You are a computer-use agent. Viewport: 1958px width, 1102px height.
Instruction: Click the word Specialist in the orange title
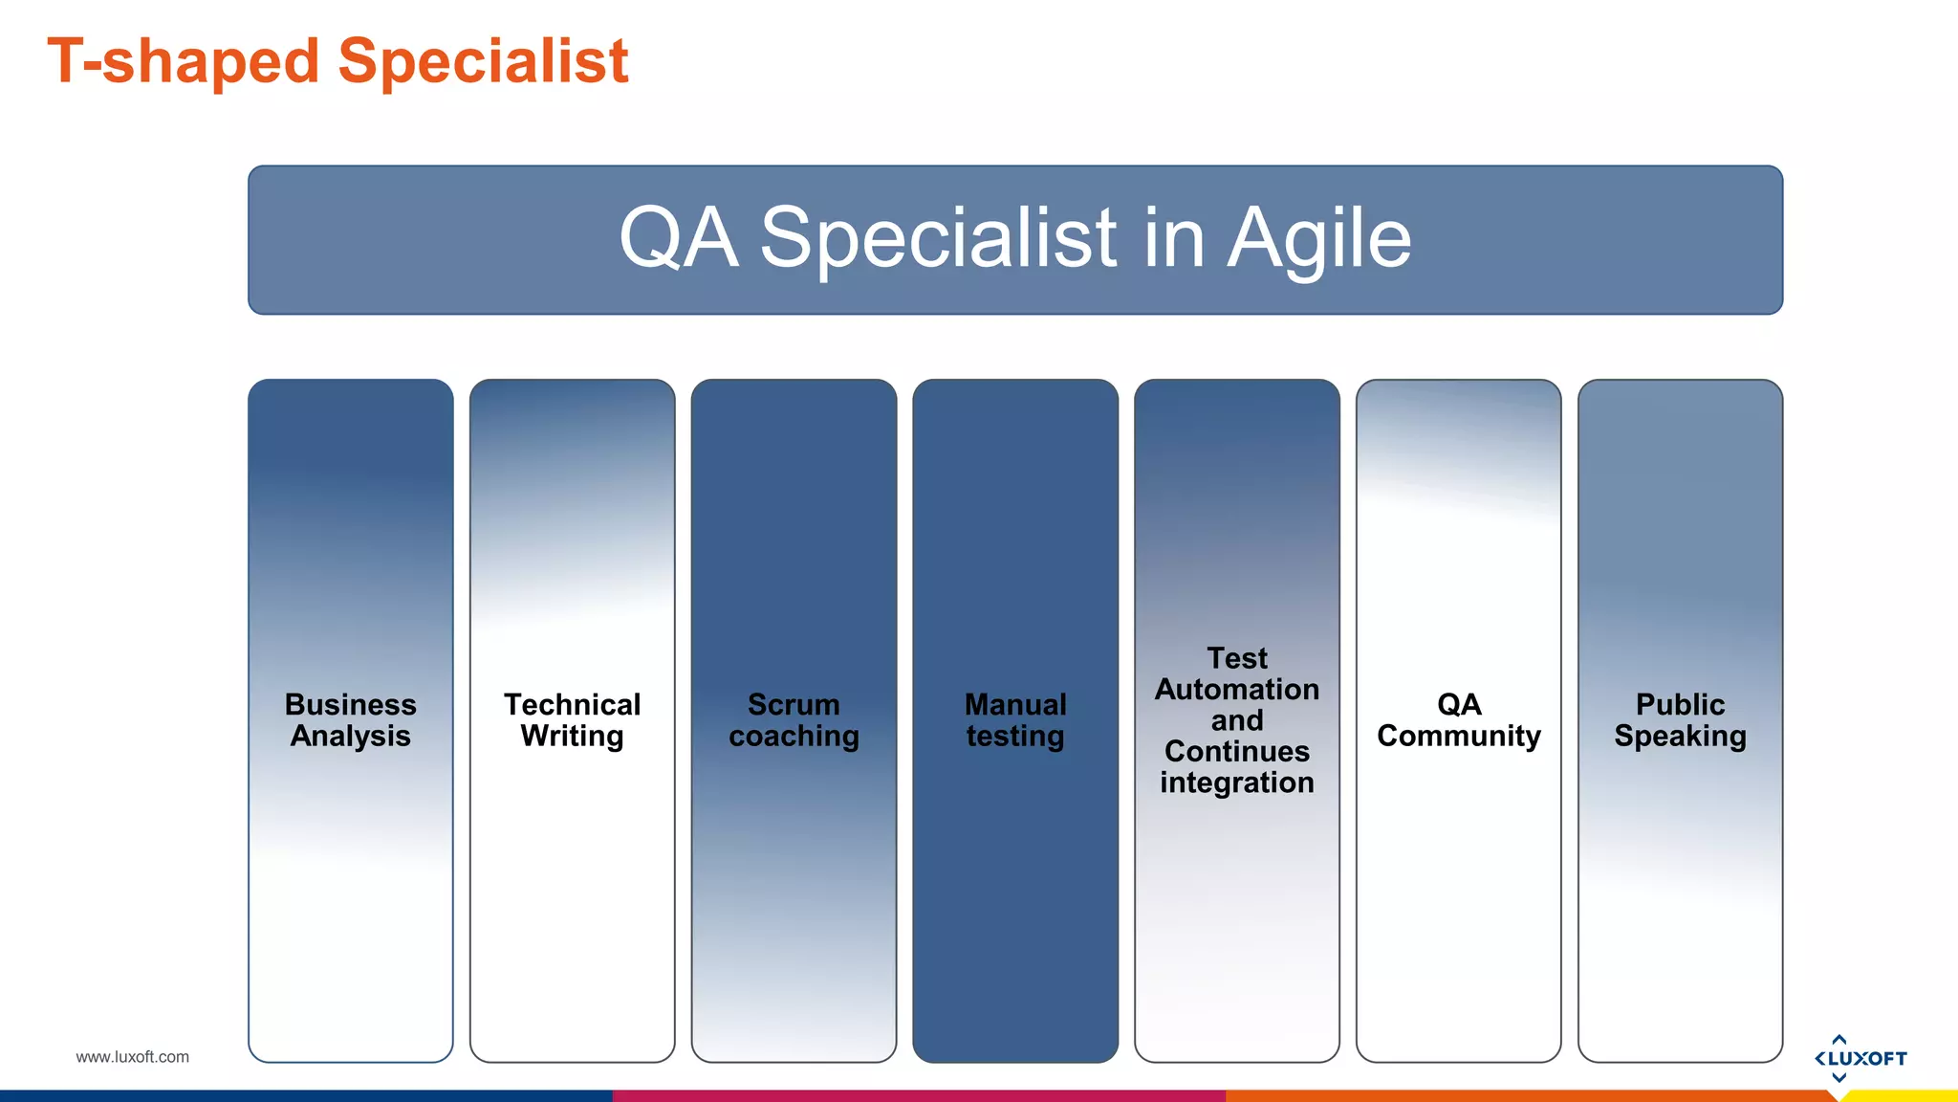[x=483, y=61]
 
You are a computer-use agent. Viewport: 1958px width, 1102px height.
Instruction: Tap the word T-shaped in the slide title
[x=182, y=61]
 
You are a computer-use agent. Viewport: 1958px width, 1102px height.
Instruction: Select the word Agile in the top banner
[x=1318, y=238]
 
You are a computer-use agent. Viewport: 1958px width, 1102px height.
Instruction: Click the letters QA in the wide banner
[x=678, y=238]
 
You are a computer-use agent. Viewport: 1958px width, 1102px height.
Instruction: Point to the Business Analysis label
[x=350, y=720]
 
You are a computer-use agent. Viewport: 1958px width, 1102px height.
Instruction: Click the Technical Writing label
[x=572, y=720]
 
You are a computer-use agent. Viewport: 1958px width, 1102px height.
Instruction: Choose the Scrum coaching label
[x=794, y=720]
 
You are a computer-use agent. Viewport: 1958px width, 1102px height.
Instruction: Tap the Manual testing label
[x=1015, y=720]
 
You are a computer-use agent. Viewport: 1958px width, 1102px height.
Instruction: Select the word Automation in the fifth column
[x=1236, y=689]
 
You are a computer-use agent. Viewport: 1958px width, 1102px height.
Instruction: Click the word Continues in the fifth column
[x=1236, y=751]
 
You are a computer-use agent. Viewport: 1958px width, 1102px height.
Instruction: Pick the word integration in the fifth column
[x=1236, y=782]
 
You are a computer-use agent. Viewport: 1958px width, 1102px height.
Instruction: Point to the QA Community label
[x=1458, y=720]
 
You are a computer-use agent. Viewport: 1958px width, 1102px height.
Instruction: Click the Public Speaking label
[x=1680, y=720]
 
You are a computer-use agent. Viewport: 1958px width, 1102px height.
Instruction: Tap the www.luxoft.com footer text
[x=132, y=1057]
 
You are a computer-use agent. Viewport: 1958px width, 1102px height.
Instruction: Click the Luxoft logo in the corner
[x=1860, y=1058]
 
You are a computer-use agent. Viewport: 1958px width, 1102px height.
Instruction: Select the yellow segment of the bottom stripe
[x=1903, y=1096]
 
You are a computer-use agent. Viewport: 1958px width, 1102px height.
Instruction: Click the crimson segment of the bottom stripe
[x=918, y=1096]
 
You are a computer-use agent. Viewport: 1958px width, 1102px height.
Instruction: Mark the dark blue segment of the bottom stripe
[x=306, y=1096]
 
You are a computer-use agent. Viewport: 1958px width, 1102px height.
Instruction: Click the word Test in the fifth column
[x=1236, y=658]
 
